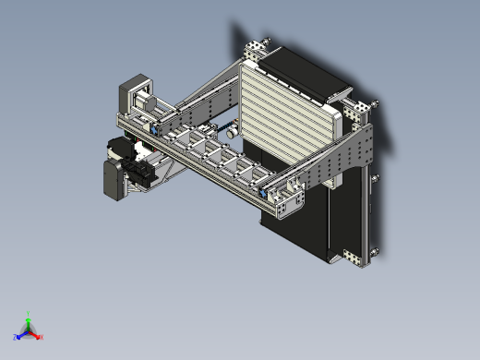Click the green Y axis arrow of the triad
(x=29, y=320)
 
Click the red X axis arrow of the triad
(x=35, y=334)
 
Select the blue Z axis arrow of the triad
(x=21, y=334)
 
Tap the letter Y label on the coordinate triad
(x=29, y=314)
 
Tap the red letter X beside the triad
(x=41, y=337)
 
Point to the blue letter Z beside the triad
(x=16, y=338)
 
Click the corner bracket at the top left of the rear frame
(x=252, y=50)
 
